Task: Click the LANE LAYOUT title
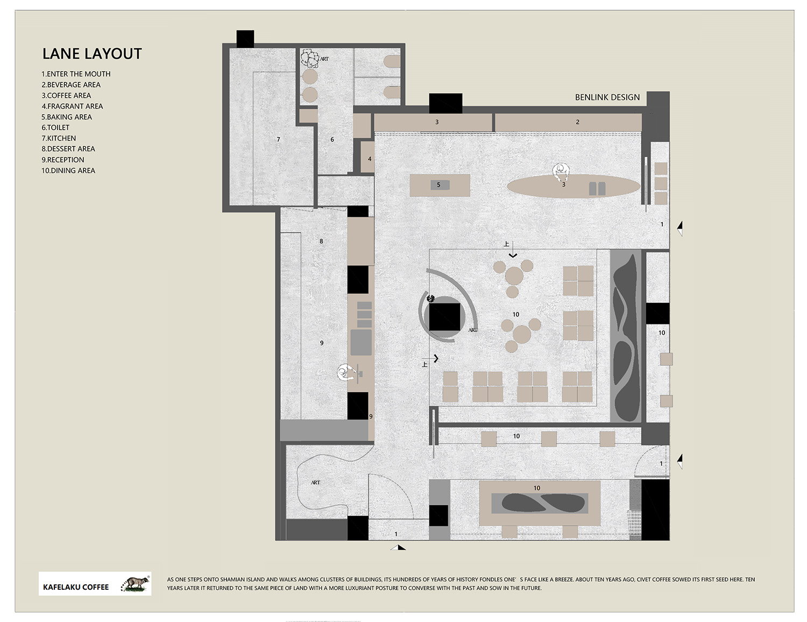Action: pyautogui.click(x=92, y=54)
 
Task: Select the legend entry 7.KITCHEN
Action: pyautogui.click(x=59, y=138)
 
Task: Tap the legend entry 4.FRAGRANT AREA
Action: pyautogui.click(x=72, y=106)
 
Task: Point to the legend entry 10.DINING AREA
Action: pyautogui.click(x=68, y=171)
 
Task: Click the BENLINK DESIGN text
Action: pyautogui.click(x=607, y=97)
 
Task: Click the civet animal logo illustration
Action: pyautogui.click(x=136, y=584)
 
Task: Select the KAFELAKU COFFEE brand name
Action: pyautogui.click(x=76, y=587)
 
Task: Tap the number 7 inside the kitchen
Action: pyautogui.click(x=278, y=139)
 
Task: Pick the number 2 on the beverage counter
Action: pyautogui.click(x=577, y=122)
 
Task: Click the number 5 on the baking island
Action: pyautogui.click(x=438, y=185)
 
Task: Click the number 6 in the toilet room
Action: pyautogui.click(x=332, y=139)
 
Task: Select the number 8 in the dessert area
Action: pyautogui.click(x=321, y=242)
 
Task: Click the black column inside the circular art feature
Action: pyautogui.click(x=445, y=317)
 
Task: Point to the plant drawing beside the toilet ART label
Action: pyautogui.click(x=310, y=59)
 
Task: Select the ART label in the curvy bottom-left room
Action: pyautogui.click(x=315, y=483)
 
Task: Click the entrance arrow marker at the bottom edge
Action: pyautogui.click(x=398, y=547)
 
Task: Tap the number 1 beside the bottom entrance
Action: pyautogui.click(x=396, y=534)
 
